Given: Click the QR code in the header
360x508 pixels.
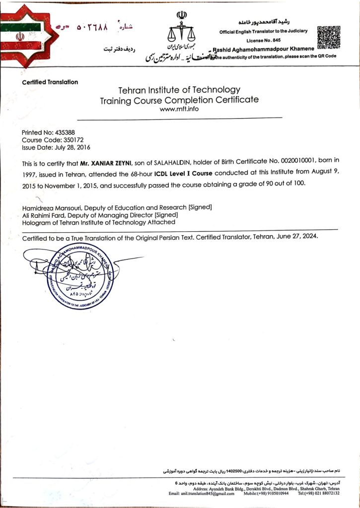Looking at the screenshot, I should [x=329, y=37].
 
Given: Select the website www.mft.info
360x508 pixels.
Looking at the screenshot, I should [x=179, y=109].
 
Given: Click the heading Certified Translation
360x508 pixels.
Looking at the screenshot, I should [x=50, y=82].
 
